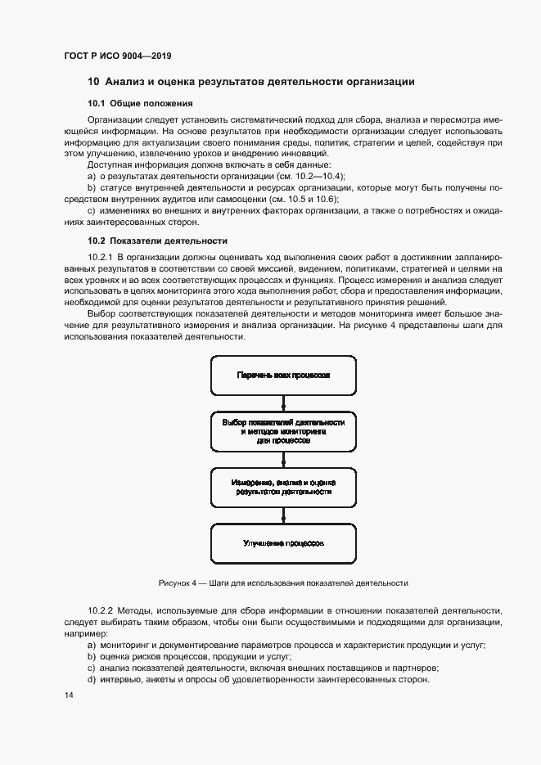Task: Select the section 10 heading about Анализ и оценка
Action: point(250,82)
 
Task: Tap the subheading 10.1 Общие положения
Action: point(140,103)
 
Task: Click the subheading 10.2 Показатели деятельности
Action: point(157,241)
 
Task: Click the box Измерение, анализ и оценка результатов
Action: point(283,487)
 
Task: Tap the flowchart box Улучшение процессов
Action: point(283,542)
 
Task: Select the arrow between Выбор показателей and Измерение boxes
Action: point(283,459)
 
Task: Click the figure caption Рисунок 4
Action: point(283,583)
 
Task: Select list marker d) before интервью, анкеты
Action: point(92,680)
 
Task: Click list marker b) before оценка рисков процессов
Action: point(92,657)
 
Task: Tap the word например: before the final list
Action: point(86,634)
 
